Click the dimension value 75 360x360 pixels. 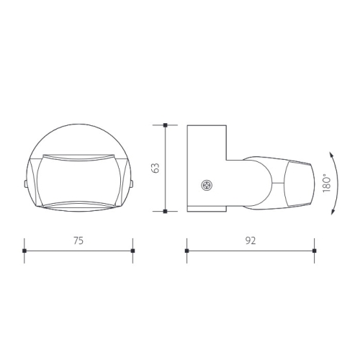click(78, 242)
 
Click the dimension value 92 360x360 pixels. click(251, 242)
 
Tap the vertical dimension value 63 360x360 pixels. click(155, 169)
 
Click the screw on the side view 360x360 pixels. click(208, 186)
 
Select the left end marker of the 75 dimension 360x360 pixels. click(24, 251)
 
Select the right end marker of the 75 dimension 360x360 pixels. click(132, 251)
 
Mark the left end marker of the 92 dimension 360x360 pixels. click(186, 251)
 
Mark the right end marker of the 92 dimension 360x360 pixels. click(315, 251)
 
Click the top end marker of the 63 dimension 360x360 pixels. click(165, 126)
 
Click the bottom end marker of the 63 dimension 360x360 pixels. click(165, 211)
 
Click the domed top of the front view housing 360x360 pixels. click(78, 137)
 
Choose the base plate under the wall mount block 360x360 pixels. click(207, 211)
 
